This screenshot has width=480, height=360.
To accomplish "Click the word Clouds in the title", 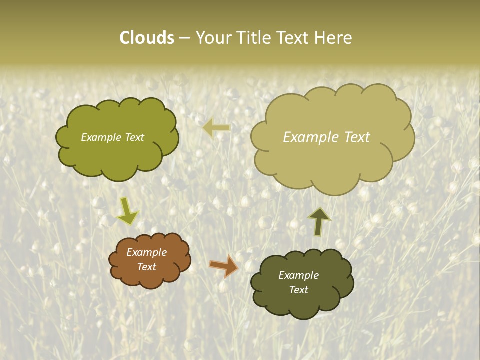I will point(147,38).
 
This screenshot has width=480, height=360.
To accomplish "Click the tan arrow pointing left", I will point(216,128).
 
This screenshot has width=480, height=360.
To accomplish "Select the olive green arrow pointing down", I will point(127,211).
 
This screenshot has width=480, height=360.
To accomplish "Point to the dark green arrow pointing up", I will point(319,221).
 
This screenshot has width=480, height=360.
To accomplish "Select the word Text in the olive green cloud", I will point(135,137).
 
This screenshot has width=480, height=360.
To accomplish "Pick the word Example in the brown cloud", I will point(147,252).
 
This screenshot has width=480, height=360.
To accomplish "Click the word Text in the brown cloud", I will point(147,267).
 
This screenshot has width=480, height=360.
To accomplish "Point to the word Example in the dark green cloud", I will point(299,275).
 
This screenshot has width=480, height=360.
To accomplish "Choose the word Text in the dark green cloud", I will point(299,290).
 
